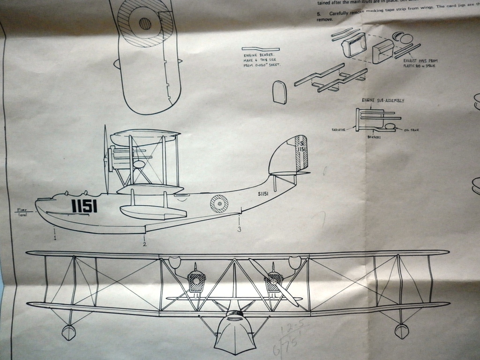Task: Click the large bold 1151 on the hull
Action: click(x=84, y=205)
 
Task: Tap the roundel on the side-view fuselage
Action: click(x=219, y=203)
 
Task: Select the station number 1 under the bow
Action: click(x=55, y=238)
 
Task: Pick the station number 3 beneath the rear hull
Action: click(x=239, y=229)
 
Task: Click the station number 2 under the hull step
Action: click(x=145, y=243)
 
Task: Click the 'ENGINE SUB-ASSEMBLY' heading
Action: click(x=383, y=100)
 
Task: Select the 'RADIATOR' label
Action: click(x=338, y=129)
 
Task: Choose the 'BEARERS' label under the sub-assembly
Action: click(x=373, y=137)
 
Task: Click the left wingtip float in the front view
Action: click(x=68, y=332)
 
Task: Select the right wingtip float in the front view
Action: click(x=402, y=331)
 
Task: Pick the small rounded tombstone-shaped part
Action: click(x=279, y=92)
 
